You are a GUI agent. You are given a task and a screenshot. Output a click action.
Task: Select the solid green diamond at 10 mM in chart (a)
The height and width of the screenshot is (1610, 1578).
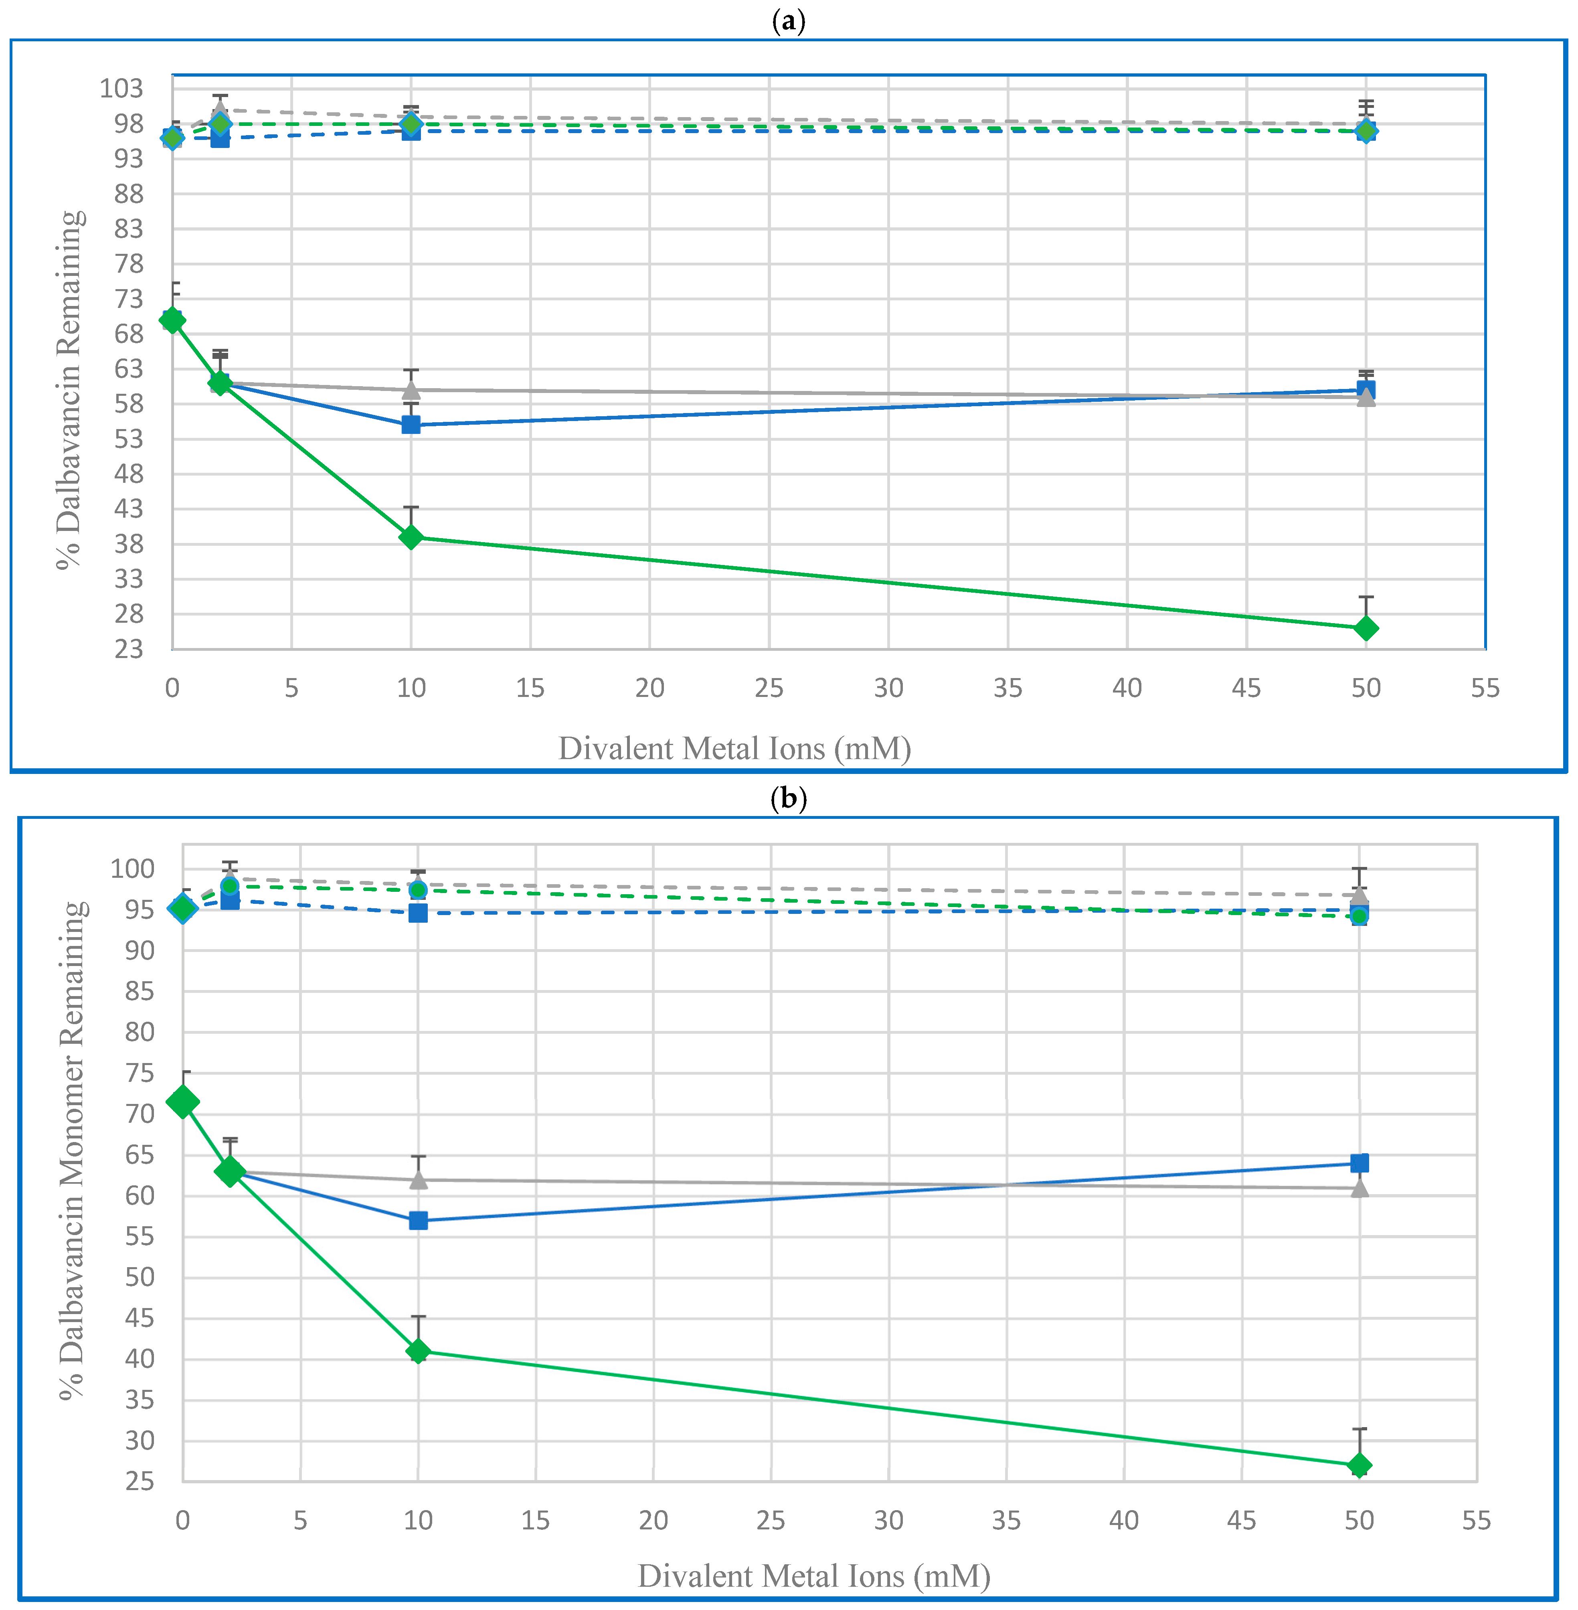coord(411,537)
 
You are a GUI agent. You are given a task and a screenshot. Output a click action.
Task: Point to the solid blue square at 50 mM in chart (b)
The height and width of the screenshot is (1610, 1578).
coord(1359,1163)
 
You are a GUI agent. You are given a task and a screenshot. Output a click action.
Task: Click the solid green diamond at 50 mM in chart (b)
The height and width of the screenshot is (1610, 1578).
coord(1359,1466)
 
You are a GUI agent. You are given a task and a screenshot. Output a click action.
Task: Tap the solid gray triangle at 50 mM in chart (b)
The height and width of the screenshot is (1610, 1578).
coord(1359,1188)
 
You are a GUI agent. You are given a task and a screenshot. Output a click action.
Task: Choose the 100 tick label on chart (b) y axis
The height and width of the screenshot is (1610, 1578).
coord(133,869)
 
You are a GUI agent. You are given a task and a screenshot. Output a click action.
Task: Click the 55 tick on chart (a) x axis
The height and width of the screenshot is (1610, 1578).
coord(1485,688)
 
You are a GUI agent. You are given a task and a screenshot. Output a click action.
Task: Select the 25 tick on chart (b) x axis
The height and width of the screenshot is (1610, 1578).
coord(771,1521)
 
